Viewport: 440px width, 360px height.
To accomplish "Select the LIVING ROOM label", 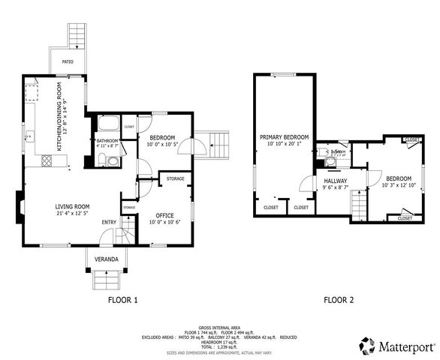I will [x=72, y=206].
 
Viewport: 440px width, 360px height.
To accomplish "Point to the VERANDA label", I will [x=107, y=259].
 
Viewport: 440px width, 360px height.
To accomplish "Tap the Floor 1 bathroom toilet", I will [x=104, y=158].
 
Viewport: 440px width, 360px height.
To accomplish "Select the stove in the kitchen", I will [x=47, y=160].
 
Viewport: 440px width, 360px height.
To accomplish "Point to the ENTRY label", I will [x=109, y=222].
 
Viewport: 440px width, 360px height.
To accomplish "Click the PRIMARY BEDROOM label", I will [x=284, y=137].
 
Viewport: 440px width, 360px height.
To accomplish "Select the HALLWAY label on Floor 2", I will [x=336, y=181].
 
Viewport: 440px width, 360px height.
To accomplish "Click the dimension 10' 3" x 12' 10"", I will [x=402, y=185].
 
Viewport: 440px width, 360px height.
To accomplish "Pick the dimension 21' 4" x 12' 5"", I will [x=72, y=214].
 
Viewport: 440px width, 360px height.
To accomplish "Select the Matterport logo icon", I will [x=367, y=346].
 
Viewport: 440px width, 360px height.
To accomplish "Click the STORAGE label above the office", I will [x=175, y=178].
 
